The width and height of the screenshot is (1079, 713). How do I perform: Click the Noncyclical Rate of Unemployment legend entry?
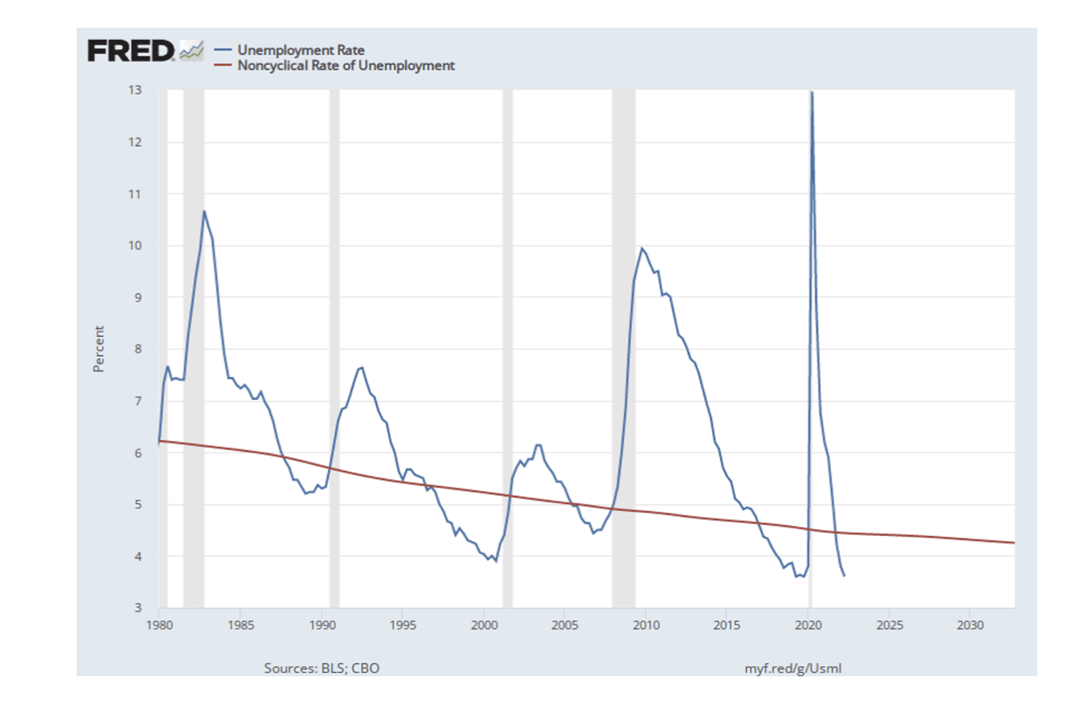tap(346, 65)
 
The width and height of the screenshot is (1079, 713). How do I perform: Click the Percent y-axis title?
tap(99, 349)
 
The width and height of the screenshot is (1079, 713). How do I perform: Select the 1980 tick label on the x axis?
tap(159, 625)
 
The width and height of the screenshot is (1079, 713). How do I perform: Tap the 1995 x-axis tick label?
tap(403, 625)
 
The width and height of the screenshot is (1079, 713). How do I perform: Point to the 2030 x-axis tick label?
tap(969, 625)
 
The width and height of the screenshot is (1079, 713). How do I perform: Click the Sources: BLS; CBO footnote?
tap(322, 668)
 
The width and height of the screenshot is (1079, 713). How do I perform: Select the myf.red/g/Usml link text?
tap(798, 668)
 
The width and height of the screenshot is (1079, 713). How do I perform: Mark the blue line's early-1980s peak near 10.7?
tap(203, 211)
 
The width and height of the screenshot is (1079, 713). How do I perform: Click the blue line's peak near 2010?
tap(641, 248)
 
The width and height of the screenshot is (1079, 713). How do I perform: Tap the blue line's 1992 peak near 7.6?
tap(362, 367)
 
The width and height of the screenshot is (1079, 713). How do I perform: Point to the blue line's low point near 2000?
tap(496, 561)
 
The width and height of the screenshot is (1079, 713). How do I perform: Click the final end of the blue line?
tap(844, 576)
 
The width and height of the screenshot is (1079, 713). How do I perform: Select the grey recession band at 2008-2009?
tap(623, 334)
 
